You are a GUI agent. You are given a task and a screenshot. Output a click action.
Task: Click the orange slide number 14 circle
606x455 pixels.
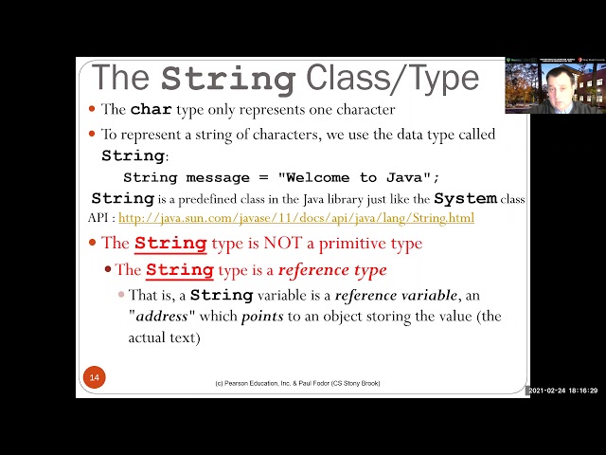coord(94,377)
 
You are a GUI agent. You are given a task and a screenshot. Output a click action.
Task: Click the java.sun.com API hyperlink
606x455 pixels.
coord(296,218)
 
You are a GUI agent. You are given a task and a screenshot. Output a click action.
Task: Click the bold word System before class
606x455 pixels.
coord(465,199)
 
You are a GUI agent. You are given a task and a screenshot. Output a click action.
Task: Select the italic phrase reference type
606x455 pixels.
coord(332,270)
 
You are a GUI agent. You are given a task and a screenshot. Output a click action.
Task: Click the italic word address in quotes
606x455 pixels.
coord(162,316)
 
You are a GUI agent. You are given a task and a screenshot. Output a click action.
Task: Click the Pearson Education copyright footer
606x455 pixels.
coord(297,383)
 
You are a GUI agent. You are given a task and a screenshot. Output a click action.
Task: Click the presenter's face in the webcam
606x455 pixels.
coord(559,82)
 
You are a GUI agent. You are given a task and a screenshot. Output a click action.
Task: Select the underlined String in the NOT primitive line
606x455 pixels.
coord(170,244)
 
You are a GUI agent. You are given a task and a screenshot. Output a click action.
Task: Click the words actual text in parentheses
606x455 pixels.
coord(164,337)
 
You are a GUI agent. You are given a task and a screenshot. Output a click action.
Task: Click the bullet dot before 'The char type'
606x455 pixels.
coord(92,110)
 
